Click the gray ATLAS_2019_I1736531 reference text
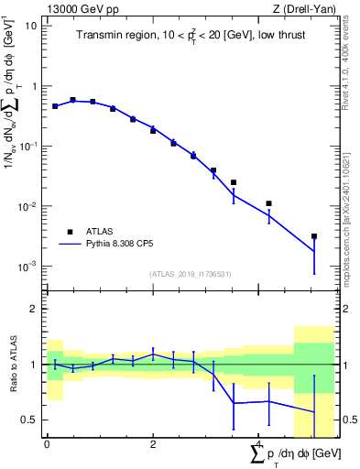click(191, 274)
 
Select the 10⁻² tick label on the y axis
click(27, 207)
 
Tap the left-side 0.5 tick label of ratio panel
click(30, 420)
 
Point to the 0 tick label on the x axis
click(47, 445)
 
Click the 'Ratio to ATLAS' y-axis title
click(12, 364)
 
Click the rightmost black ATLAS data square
click(314, 236)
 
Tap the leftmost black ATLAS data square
click(55, 106)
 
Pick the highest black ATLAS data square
click(72, 100)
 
